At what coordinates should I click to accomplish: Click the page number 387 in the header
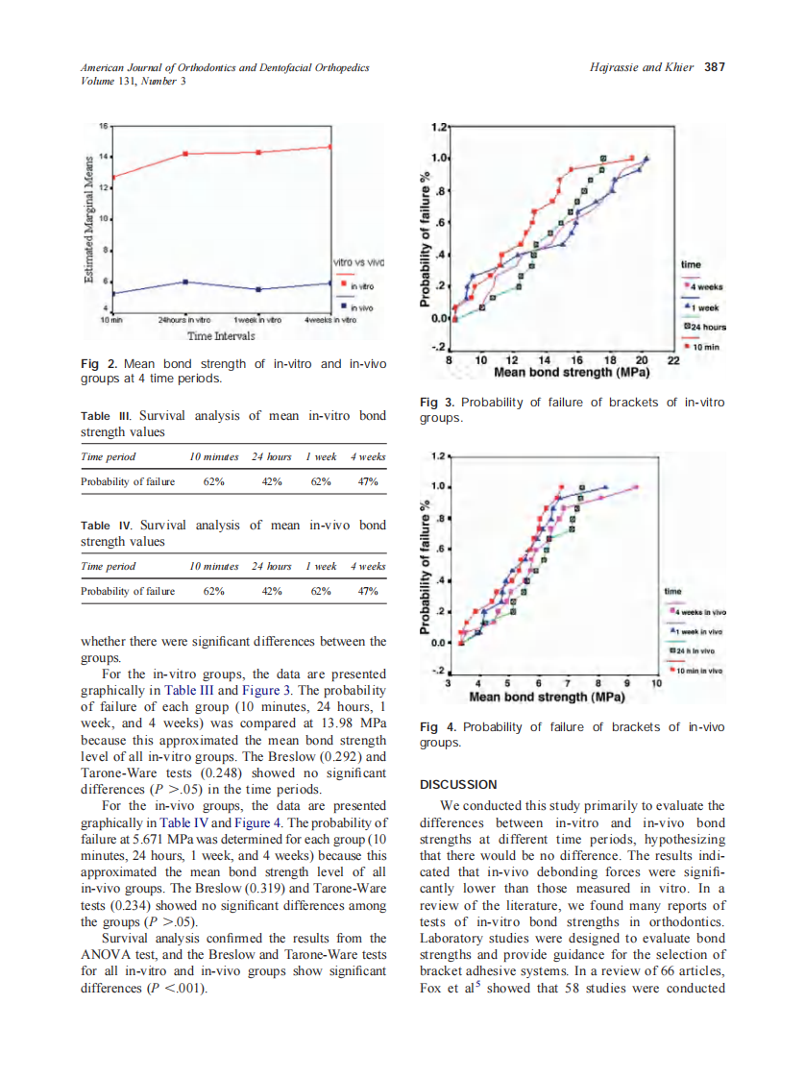(714, 67)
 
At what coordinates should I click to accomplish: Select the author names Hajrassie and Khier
(641, 67)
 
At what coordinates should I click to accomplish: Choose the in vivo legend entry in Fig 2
(361, 307)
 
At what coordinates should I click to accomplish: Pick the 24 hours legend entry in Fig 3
(703, 327)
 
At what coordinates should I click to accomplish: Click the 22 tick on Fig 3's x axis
(673, 359)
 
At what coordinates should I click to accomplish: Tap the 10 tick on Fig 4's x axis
(656, 683)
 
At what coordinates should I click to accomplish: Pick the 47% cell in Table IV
(367, 591)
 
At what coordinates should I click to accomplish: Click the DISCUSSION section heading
(458, 784)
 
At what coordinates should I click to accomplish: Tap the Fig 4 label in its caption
(435, 727)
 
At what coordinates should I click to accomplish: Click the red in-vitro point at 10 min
(114, 177)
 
